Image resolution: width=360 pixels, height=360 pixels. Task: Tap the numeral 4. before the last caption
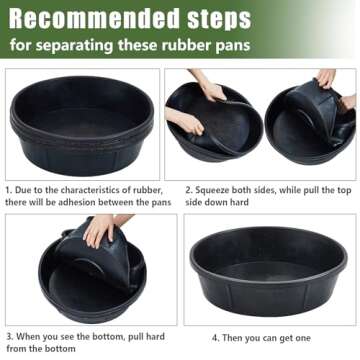215,337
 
